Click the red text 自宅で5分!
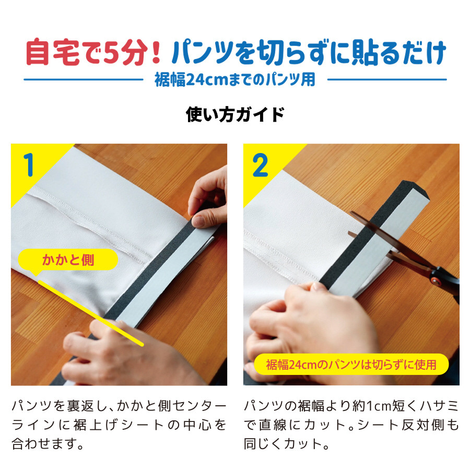tap(93, 52)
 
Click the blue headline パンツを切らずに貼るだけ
tap(309, 52)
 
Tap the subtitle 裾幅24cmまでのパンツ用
tap(235, 80)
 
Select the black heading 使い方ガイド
tap(234, 115)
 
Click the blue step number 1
tap(29, 165)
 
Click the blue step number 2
tap(260, 164)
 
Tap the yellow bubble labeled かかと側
tap(68, 260)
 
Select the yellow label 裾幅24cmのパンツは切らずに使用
tap(351, 365)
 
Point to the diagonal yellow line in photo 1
tap(91, 313)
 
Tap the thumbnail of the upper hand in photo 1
tap(199, 221)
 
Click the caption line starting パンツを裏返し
tap(119, 406)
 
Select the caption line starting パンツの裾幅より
tap(351, 406)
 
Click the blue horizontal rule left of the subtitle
tap(84, 79)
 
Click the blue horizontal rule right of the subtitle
tap(387, 79)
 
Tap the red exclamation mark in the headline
tap(156, 52)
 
